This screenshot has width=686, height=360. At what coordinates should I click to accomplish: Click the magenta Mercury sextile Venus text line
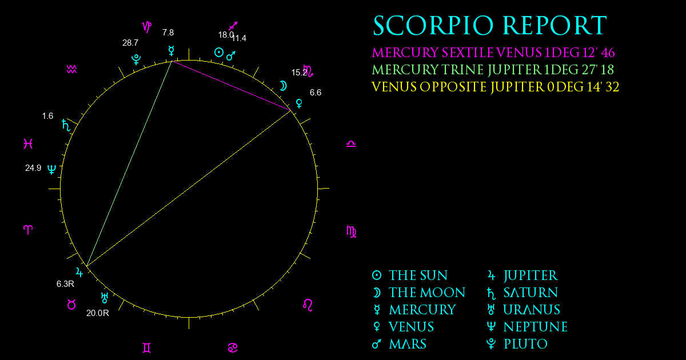point(493,53)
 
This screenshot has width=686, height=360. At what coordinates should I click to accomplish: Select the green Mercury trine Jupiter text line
point(493,70)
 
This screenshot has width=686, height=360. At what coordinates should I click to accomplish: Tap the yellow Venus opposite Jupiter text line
point(495,87)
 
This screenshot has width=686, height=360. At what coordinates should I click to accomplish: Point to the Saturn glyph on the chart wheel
point(66,125)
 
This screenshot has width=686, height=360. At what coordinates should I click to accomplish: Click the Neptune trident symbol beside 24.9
point(52,169)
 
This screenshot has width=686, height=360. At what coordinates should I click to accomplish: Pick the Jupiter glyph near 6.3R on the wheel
point(79,272)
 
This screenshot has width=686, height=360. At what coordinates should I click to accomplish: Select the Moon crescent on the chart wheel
point(284,86)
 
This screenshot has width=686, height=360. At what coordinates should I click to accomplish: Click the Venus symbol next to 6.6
point(299,103)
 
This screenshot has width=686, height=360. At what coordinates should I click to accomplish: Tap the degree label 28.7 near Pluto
point(130,43)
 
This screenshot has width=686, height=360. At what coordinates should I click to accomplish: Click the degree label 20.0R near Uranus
point(97,313)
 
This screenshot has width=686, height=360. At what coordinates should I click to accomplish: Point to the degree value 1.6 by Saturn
point(47,116)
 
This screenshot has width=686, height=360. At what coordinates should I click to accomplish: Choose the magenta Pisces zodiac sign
point(28,143)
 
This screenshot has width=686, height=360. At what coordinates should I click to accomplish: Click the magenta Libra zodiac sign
point(351,144)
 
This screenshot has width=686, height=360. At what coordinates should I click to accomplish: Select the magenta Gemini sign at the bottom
point(147,348)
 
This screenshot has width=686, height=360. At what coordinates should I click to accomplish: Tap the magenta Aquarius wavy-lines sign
point(71,70)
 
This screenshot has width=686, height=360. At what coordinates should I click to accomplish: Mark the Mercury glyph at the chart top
point(171,50)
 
